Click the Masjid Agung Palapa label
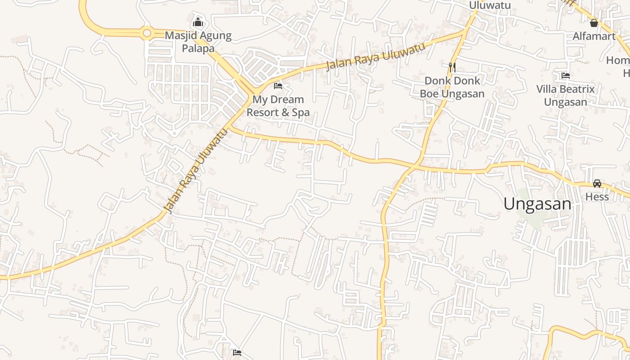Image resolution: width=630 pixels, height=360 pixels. point(198,42)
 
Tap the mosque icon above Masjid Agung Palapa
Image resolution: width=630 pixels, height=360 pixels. point(198,22)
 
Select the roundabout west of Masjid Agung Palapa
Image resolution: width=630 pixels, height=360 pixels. point(146,33)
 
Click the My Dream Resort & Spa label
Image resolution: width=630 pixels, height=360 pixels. point(278,106)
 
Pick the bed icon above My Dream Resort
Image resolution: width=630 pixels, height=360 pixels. point(278,85)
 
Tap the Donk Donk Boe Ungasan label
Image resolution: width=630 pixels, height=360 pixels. point(452,87)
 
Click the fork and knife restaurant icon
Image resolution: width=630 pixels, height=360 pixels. point(453,67)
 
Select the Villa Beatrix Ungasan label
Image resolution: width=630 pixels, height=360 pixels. point(566,95)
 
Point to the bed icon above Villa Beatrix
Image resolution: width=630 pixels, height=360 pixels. point(566,76)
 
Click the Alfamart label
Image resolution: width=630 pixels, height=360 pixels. point(594,36)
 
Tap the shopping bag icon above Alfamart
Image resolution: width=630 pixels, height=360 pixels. point(594,22)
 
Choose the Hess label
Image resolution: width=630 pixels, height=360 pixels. point(597,197)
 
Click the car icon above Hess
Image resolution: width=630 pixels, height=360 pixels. point(597,184)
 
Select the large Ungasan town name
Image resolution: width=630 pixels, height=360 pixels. point(537,204)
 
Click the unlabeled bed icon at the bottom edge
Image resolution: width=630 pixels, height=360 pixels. point(237,353)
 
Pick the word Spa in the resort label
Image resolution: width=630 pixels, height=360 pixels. point(301,112)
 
